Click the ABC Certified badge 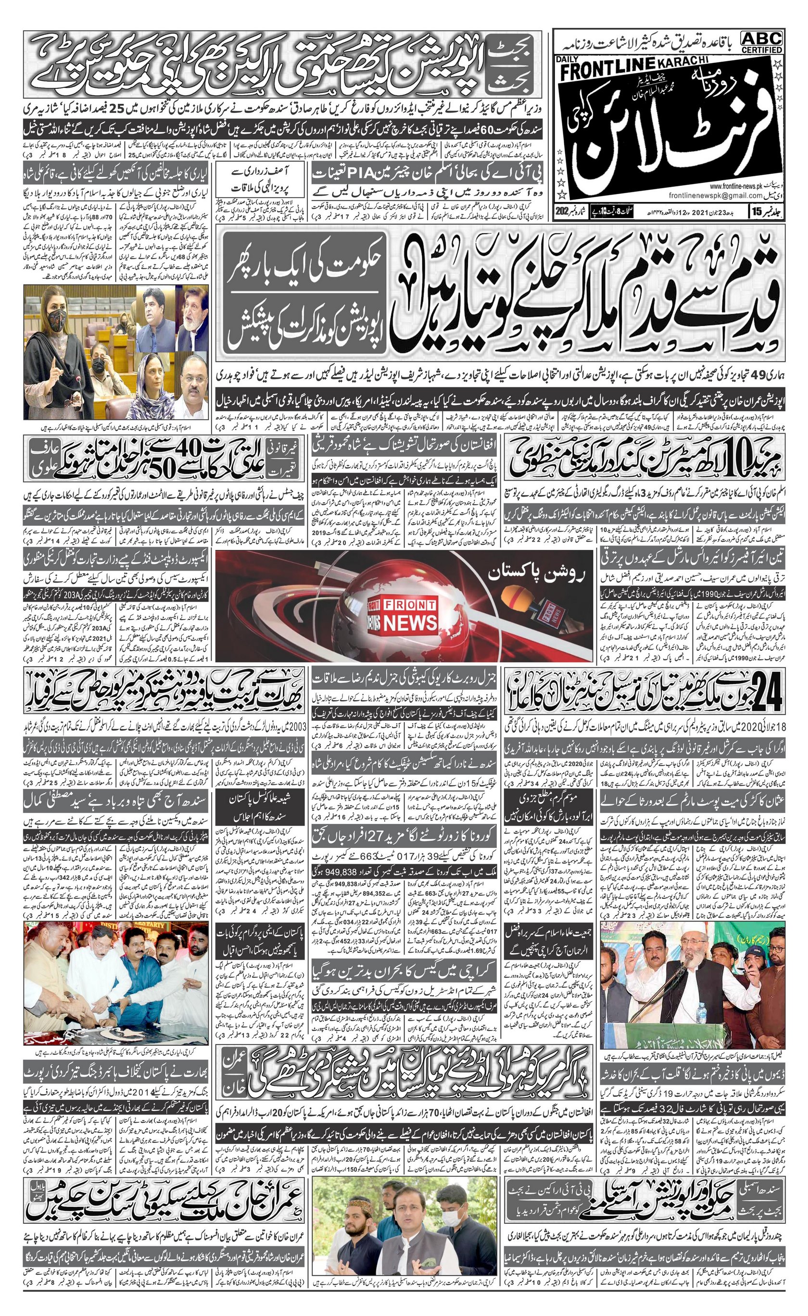tap(761, 42)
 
